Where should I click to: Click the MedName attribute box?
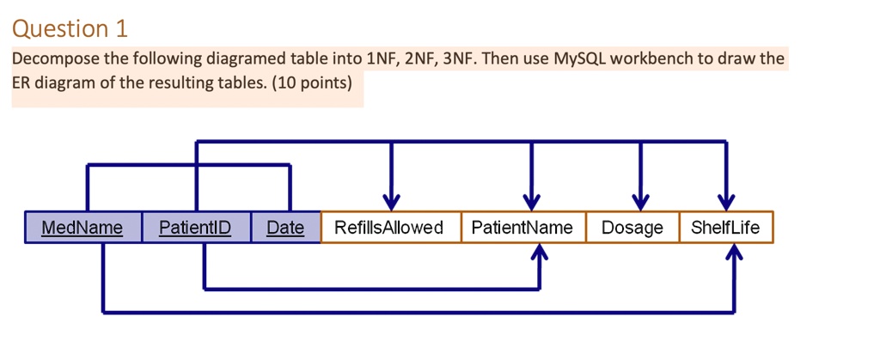[82, 228]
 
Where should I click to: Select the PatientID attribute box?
[196, 228]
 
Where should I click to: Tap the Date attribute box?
[285, 228]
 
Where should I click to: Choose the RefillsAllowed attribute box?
[390, 228]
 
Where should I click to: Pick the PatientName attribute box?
[522, 228]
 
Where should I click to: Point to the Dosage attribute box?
[632, 228]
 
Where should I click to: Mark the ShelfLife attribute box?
[726, 228]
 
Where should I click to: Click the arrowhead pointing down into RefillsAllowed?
[391, 201]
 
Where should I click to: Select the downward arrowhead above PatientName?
[532, 201]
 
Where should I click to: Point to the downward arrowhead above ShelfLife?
[726, 201]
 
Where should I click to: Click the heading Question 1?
[70, 29]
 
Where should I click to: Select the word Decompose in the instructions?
[50, 60]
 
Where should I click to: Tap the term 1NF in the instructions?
[382, 60]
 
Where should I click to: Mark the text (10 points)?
[310, 83]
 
